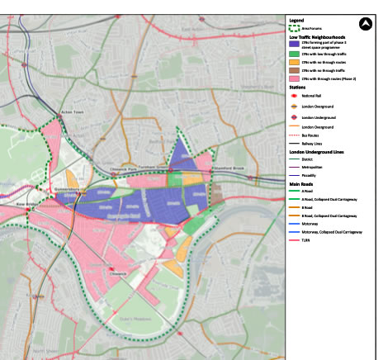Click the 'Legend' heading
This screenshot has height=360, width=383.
coord(296,19)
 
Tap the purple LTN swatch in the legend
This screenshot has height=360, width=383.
coord(295,43)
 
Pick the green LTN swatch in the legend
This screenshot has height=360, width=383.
coord(295,52)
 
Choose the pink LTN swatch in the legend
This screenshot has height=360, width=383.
coord(295,80)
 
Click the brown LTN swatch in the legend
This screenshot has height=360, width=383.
coord(295,71)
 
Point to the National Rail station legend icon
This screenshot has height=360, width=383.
coord(295,97)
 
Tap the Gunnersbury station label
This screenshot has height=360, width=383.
coord(65,187)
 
